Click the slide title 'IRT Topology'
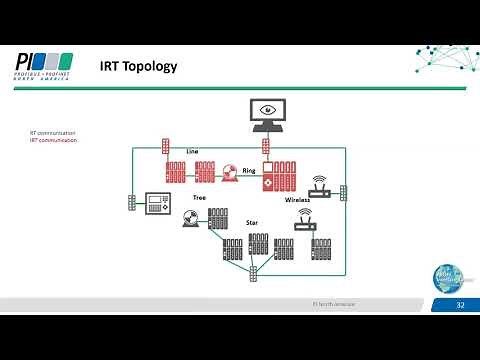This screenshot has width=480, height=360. (138, 67)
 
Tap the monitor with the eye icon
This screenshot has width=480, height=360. (267, 115)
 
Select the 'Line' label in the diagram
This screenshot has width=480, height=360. (192, 151)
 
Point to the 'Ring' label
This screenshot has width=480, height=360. (249, 171)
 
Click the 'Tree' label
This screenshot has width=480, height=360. (198, 198)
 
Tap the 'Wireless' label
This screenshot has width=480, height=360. (297, 200)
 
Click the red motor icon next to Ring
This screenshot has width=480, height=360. (230, 172)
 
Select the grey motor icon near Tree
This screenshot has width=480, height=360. (190, 216)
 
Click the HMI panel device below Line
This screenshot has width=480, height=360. (156, 203)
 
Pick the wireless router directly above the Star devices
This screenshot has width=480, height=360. (304, 223)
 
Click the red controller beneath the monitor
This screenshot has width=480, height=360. (268, 175)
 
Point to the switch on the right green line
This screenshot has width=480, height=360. (343, 191)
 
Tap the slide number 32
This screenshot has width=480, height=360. (460, 304)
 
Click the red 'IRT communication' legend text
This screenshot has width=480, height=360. (53, 141)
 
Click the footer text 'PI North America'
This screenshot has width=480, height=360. (333, 303)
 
